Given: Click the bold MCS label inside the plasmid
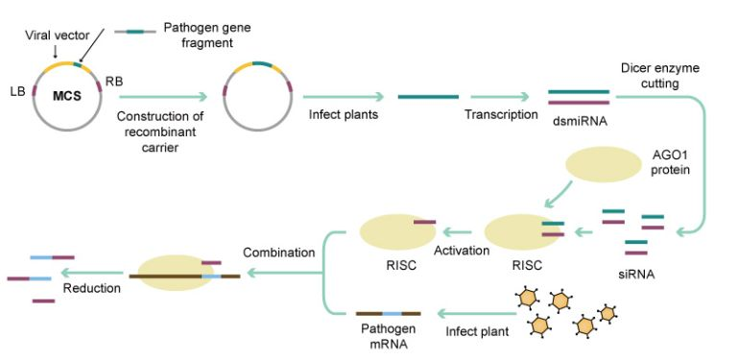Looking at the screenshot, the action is coord(67,97).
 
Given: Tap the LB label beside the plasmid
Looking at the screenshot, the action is coord(17,91).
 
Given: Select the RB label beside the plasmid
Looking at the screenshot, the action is coord(114,82).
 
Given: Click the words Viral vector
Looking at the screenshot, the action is coord(57,35).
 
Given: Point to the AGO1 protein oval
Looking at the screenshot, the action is coord(603,164).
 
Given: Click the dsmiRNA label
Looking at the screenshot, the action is coord(581,122).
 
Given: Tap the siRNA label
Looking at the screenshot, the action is coord(636,274).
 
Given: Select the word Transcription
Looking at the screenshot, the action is coord(501,114).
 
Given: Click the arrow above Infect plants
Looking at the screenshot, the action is coord(344,97).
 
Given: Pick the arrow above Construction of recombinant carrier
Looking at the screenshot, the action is coord(163,97).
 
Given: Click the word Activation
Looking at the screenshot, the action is coord(462,250).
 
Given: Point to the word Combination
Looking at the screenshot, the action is coord(278,252).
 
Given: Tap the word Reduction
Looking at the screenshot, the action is coord(92,288).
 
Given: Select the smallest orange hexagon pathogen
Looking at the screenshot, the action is coord(607,313).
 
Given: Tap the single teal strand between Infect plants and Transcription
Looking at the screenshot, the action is coord(428,97).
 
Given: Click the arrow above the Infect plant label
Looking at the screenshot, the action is coord(477,313).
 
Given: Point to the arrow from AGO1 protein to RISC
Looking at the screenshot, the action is coord(559,194).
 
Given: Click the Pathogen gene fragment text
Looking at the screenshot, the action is coord(207,35).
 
